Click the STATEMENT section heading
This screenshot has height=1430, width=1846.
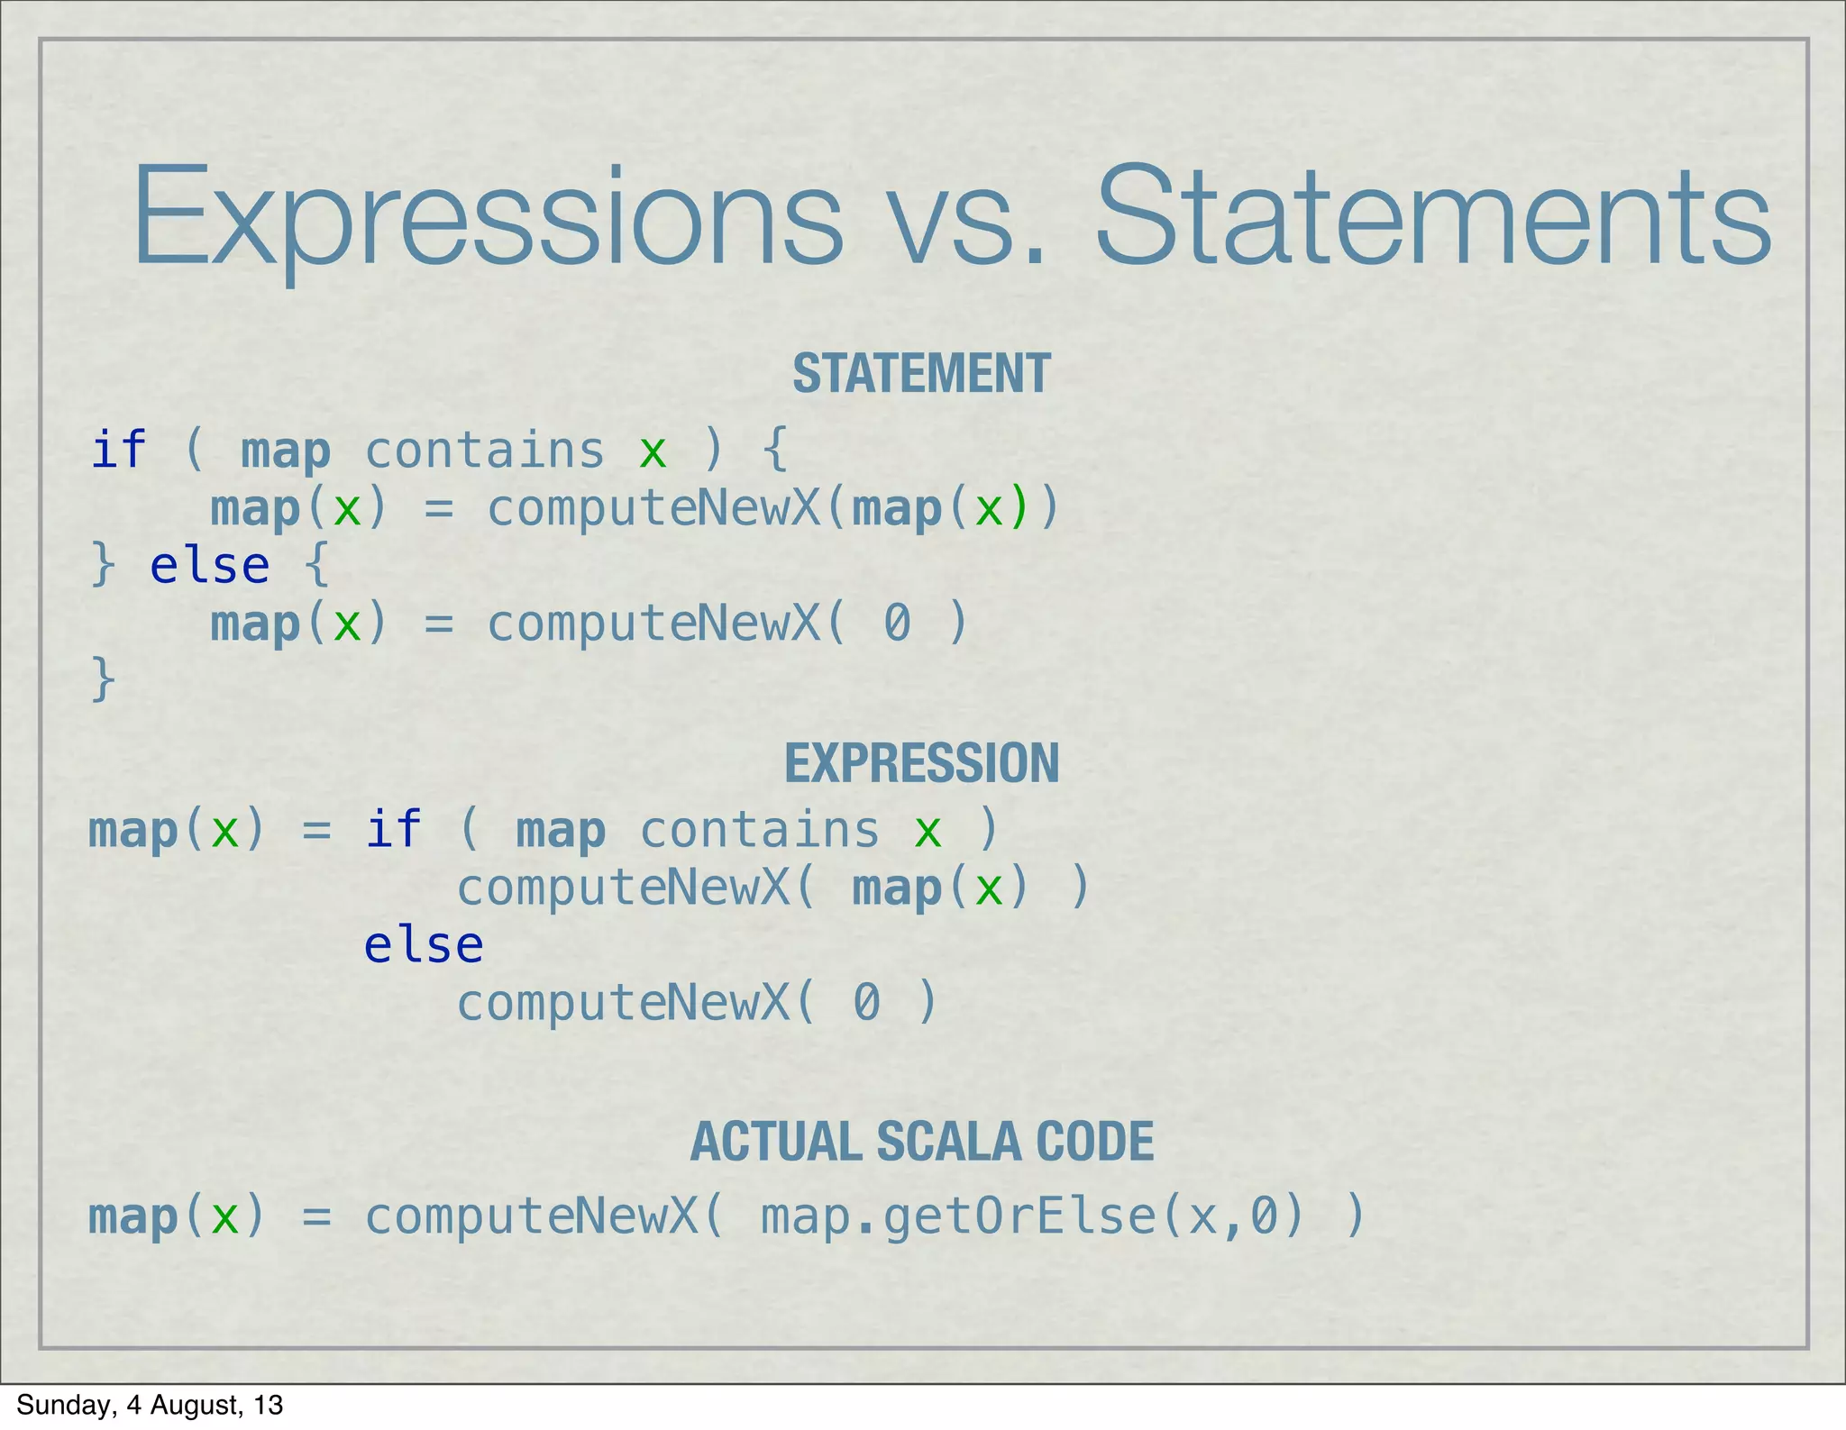tap(921, 373)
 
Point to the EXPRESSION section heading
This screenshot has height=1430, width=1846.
tap(921, 763)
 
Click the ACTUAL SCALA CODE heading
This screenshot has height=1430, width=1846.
tap(921, 1142)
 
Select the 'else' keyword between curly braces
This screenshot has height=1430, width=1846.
tap(209, 566)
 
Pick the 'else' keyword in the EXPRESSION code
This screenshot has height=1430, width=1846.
tap(424, 944)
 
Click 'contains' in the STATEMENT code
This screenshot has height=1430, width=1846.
tap(484, 451)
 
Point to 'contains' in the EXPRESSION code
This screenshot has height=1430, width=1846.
tap(759, 830)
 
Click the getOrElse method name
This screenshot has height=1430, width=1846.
tap(1019, 1217)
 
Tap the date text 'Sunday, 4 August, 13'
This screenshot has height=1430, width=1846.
tap(150, 1405)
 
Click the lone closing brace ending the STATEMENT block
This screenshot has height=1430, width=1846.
tap(104, 679)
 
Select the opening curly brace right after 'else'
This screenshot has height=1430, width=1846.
tap(316, 566)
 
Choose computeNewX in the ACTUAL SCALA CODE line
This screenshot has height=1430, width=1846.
tap(532, 1217)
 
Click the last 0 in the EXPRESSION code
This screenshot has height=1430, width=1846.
tap(866, 1002)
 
